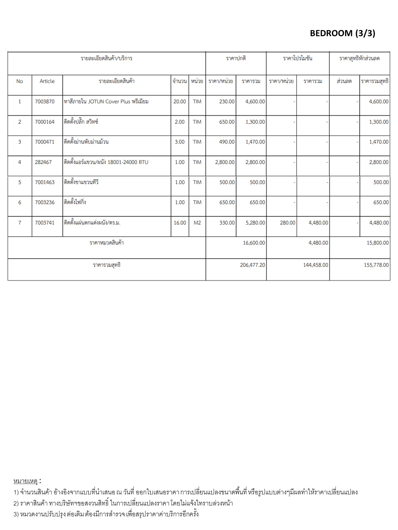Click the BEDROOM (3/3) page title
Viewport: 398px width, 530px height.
tap(342, 33)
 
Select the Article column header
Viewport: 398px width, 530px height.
tap(47, 81)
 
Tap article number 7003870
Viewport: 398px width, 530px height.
tap(45, 101)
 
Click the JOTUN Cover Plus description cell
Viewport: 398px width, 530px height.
tap(106, 101)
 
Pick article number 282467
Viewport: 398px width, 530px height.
tap(43, 162)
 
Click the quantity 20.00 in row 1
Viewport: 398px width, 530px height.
tap(180, 101)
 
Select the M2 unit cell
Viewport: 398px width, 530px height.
tap(197, 223)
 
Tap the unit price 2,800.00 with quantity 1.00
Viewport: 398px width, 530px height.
tap(225, 162)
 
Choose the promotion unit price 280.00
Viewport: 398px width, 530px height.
tap(287, 223)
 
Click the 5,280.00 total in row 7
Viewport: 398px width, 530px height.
tap(255, 223)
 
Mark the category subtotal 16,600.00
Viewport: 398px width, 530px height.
tap(254, 243)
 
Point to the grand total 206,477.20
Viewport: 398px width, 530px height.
tap(252, 265)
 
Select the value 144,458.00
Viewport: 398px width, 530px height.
tap(315, 265)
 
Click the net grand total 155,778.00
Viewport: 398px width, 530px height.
tap(376, 265)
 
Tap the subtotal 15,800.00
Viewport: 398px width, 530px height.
tap(378, 243)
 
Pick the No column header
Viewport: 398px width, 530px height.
tap(20, 81)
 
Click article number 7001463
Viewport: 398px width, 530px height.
tap(45, 182)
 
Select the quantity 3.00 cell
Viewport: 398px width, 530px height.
tap(180, 142)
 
